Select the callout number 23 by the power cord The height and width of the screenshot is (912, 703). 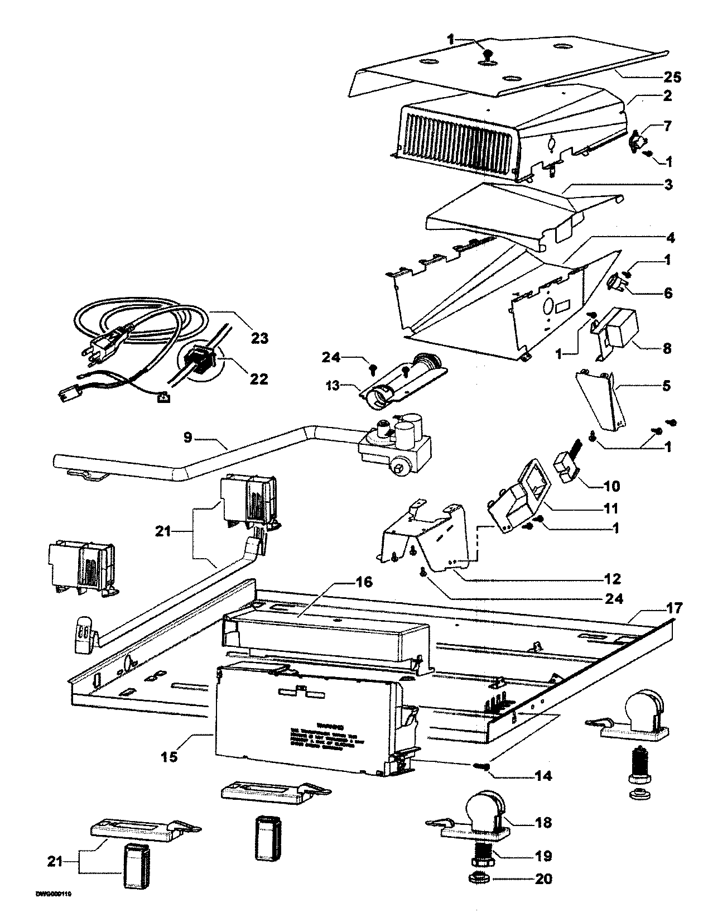pos(259,338)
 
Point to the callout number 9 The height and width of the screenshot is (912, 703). pos(188,437)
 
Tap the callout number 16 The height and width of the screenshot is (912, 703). pos(363,583)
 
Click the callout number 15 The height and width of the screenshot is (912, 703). pos(170,756)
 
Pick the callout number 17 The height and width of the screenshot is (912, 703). pos(674,608)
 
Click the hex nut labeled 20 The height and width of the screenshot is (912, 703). pos(480,879)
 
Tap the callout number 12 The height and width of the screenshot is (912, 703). pos(611,578)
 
